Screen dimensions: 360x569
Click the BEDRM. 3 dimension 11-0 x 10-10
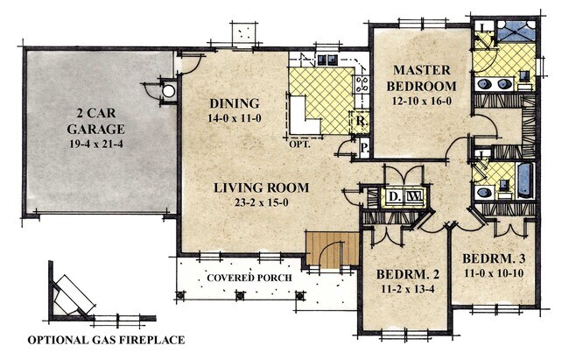[492, 274]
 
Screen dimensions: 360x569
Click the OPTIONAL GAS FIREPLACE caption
[106, 340]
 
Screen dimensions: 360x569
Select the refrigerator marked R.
[360, 123]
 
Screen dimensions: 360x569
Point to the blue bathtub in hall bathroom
[523, 180]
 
